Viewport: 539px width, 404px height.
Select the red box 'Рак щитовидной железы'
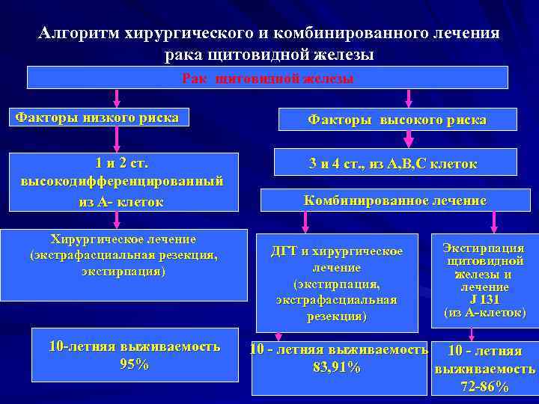(267, 78)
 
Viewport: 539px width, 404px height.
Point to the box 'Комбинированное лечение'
(395, 201)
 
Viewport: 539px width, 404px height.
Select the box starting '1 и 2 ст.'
(121, 182)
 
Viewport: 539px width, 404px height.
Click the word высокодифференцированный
(121, 182)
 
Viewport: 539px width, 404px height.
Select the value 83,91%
(336, 368)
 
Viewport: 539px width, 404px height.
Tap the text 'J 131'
(484, 299)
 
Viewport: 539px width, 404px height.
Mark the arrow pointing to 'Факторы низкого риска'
(115, 100)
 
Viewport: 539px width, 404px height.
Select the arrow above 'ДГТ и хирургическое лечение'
(305, 220)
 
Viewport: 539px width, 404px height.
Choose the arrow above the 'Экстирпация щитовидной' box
(493, 220)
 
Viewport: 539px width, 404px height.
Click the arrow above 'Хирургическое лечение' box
(116, 218)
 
